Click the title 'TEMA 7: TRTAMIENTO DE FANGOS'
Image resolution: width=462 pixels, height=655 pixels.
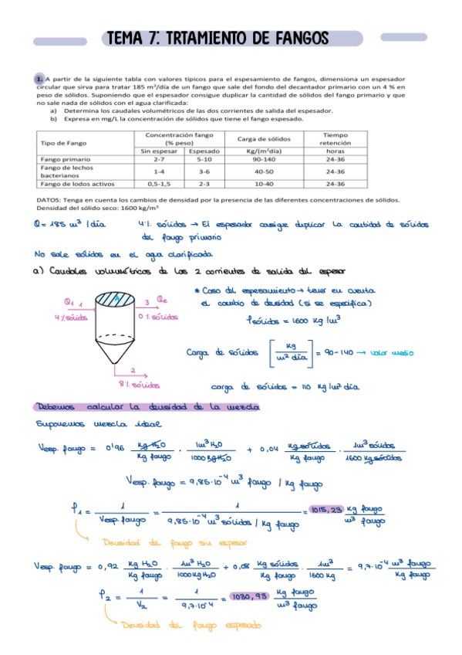[218, 38]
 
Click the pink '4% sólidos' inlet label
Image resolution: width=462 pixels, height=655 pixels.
[62, 317]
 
